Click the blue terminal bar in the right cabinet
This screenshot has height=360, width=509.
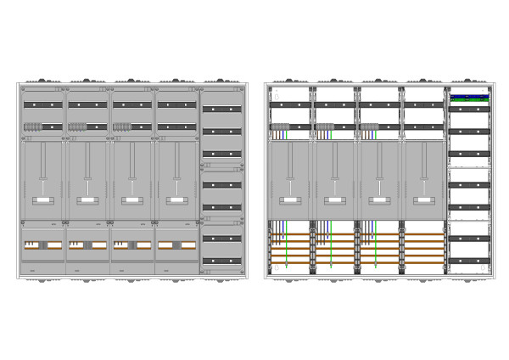point(469,97)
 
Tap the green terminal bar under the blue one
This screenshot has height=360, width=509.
point(469,101)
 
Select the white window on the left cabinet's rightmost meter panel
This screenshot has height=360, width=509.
point(176,201)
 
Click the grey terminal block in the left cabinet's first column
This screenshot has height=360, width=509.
point(33,127)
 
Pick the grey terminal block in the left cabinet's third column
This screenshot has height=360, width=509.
point(121,127)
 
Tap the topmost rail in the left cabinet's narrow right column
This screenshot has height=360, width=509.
point(221,109)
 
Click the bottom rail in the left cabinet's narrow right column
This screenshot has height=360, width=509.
point(221,261)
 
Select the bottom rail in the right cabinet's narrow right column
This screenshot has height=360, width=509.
point(469,261)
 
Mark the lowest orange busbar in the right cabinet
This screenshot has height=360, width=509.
point(356,262)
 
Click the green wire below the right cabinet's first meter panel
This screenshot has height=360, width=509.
point(286,246)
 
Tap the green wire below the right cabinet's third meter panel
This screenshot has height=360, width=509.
point(375,246)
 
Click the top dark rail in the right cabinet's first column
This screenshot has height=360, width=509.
point(290,104)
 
